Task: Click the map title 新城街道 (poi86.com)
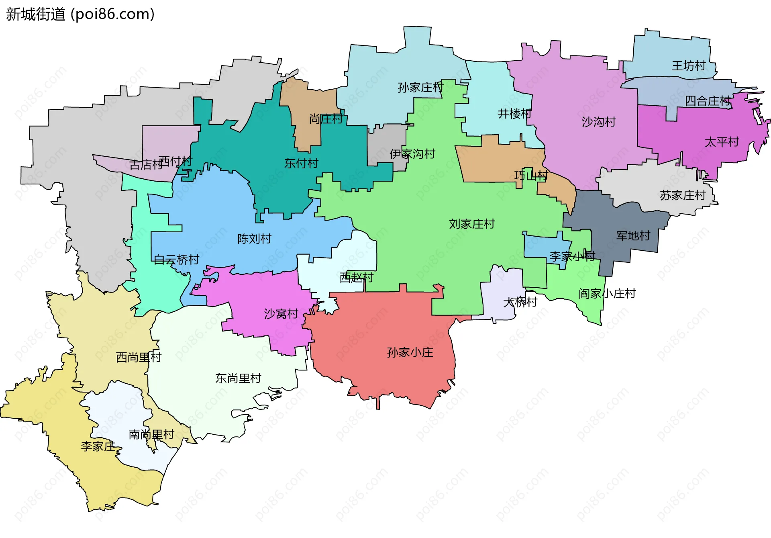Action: pyautogui.click(x=80, y=14)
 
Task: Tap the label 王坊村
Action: pyautogui.click(x=688, y=66)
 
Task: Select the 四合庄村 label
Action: pyautogui.click(x=707, y=101)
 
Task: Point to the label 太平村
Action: pyautogui.click(x=722, y=142)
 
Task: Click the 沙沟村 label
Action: pyautogui.click(x=598, y=122)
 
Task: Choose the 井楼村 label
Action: pyautogui.click(x=514, y=114)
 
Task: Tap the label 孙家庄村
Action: pyautogui.click(x=420, y=88)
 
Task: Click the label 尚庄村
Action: pyautogui.click(x=325, y=119)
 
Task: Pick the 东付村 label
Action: pyautogui.click(x=301, y=164)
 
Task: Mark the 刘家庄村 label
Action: pyautogui.click(x=471, y=224)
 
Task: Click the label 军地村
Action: pyautogui.click(x=633, y=236)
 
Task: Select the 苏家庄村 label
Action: pyautogui.click(x=682, y=196)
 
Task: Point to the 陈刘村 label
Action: pyautogui.click(x=254, y=239)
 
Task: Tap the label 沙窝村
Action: pyautogui.click(x=281, y=314)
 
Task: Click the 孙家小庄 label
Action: pyautogui.click(x=410, y=353)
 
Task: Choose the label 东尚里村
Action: pyautogui.click(x=238, y=378)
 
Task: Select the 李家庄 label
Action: pyautogui.click(x=98, y=446)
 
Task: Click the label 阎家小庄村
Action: pyautogui.click(x=607, y=294)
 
